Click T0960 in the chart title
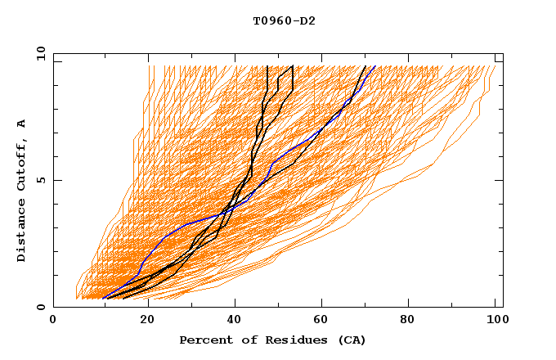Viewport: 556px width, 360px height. [x=271, y=21]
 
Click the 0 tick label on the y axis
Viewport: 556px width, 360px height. [x=40, y=307]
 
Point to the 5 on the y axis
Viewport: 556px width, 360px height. [x=40, y=180]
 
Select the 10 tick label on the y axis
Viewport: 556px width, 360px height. [x=37, y=53]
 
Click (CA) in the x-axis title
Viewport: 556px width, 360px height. [x=349, y=340]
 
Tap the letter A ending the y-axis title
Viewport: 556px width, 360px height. [x=22, y=124]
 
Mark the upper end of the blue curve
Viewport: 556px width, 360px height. [x=374, y=66]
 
